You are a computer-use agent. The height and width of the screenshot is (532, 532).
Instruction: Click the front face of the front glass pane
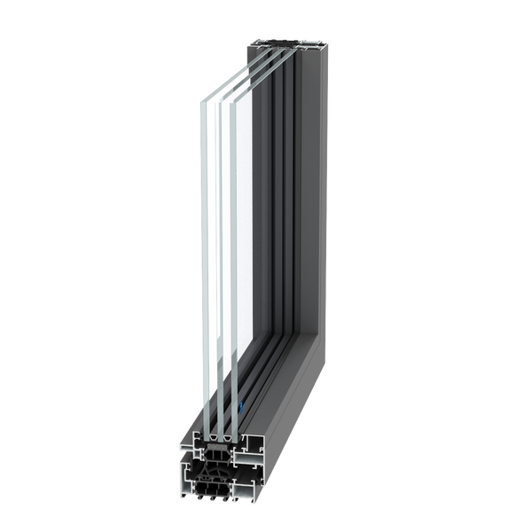(204, 266)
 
